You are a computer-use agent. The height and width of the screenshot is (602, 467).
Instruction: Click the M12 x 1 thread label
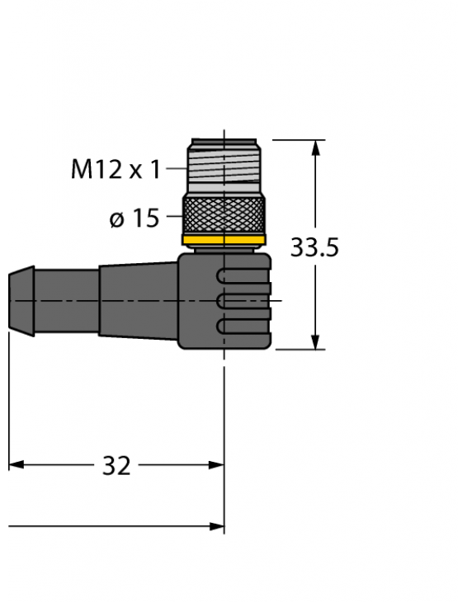116,170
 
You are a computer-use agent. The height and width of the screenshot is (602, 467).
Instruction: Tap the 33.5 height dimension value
314,247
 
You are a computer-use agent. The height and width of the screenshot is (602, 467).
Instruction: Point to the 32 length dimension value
116,466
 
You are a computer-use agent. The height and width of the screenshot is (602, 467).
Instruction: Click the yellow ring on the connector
224,240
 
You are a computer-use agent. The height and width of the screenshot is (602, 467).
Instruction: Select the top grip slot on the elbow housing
243,276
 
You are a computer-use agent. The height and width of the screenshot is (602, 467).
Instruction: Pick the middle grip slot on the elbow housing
243,302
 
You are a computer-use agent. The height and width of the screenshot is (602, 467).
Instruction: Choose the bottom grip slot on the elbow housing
243,327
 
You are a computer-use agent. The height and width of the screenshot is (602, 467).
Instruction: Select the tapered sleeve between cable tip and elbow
136,300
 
